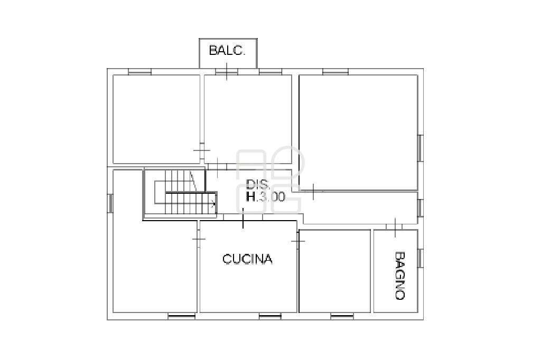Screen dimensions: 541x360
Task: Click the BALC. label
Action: pyautogui.click(x=227, y=51)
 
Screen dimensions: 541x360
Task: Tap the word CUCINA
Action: pyautogui.click(x=247, y=259)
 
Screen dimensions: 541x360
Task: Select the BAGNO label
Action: pyautogui.click(x=399, y=276)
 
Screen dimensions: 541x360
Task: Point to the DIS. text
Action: pyautogui.click(x=258, y=184)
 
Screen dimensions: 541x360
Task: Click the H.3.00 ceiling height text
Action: pyautogui.click(x=265, y=196)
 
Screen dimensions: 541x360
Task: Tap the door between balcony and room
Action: pyautogui.click(x=227, y=72)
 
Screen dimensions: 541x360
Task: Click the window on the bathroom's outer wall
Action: pyautogui.click(x=420, y=258)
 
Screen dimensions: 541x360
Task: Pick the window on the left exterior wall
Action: pyautogui.click(x=110, y=203)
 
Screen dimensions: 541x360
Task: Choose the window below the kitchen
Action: pyautogui.click(x=270, y=316)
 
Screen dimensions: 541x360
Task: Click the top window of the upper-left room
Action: pyautogui.click(x=139, y=72)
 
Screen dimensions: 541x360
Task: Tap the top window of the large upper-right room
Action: pyautogui.click(x=335, y=72)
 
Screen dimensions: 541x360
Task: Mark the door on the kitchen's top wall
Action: pyautogui.click(x=243, y=217)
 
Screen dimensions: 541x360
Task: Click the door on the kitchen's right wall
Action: pyautogui.click(x=298, y=240)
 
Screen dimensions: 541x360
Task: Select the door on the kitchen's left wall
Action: pyautogui.click(x=199, y=239)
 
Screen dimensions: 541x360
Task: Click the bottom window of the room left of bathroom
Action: pyautogui.click(x=342, y=316)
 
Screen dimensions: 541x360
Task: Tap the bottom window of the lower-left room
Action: pyautogui.click(x=182, y=316)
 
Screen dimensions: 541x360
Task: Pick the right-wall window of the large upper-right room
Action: pyautogui.click(x=420, y=148)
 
